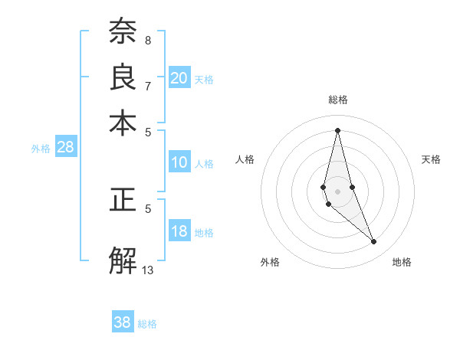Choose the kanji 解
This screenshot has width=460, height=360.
click(x=122, y=260)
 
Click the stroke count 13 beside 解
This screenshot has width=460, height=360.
click(x=148, y=270)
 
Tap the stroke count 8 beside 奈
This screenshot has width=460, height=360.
click(x=148, y=40)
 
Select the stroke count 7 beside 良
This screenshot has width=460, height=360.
click(x=148, y=86)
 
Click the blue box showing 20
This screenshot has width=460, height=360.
click(x=179, y=77)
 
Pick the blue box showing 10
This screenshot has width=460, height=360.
click(x=179, y=162)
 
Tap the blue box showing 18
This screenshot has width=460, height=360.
click(x=179, y=232)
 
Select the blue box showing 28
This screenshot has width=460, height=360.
click(x=66, y=148)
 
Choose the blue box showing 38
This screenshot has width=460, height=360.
click(x=123, y=322)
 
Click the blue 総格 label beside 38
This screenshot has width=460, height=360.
click(x=147, y=324)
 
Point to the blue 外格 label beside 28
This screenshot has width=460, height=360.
click(x=41, y=149)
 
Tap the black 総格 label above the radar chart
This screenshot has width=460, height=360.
click(x=337, y=100)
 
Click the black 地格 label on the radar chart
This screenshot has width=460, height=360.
click(x=402, y=262)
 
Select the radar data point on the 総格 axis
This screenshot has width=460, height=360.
click(x=337, y=130)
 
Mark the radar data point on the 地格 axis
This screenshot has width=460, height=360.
click(x=374, y=242)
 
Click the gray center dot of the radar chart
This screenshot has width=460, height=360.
click(x=337, y=191)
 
